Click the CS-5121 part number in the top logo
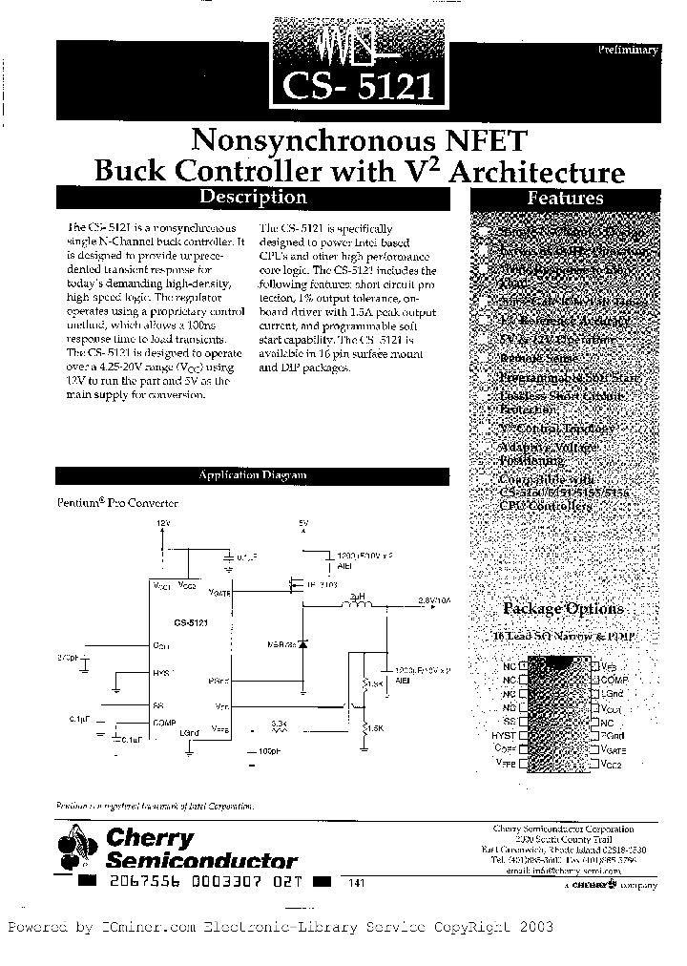tap(358, 87)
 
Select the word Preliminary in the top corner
tap(628, 50)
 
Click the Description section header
tap(251, 198)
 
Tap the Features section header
tap(566, 199)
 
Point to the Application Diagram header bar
tap(252, 474)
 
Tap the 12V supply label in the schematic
tap(162, 524)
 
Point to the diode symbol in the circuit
tap(304, 644)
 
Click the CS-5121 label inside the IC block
tap(192, 621)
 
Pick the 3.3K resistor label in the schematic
tap(279, 724)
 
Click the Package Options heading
tap(563, 609)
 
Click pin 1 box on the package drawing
tap(523, 665)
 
